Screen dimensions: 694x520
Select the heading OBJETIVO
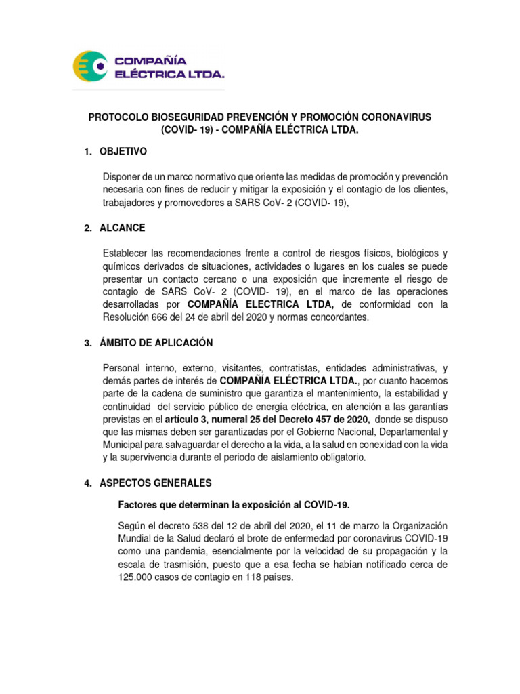123,150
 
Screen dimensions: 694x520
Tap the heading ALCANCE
122,228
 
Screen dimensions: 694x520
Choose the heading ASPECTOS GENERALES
156,483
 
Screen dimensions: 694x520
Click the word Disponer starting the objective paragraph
123,176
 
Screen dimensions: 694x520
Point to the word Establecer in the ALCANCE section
126,253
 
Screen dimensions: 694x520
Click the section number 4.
87,483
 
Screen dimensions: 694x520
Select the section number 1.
87,150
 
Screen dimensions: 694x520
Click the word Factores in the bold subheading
138,505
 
